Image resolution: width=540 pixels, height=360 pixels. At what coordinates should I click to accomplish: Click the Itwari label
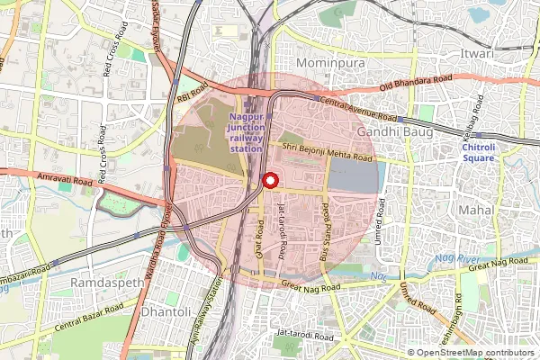click(x=477, y=54)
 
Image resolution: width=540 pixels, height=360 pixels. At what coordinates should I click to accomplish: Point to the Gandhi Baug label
click(x=395, y=131)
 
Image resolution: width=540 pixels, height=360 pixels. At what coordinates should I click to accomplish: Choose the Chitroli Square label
click(x=478, y=152)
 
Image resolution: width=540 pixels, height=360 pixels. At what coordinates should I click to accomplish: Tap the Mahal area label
click(x=477, y=209)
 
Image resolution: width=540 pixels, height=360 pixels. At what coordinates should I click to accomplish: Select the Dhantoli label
click(x=166, y=311)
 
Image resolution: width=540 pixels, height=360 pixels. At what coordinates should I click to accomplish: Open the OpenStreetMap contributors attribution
click(x=475, y=353)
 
